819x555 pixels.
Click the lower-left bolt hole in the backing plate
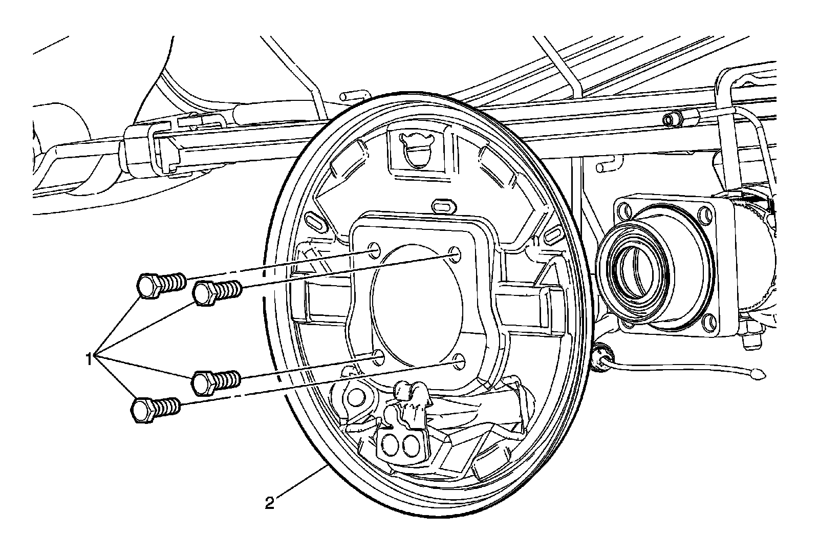coord(379,357)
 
